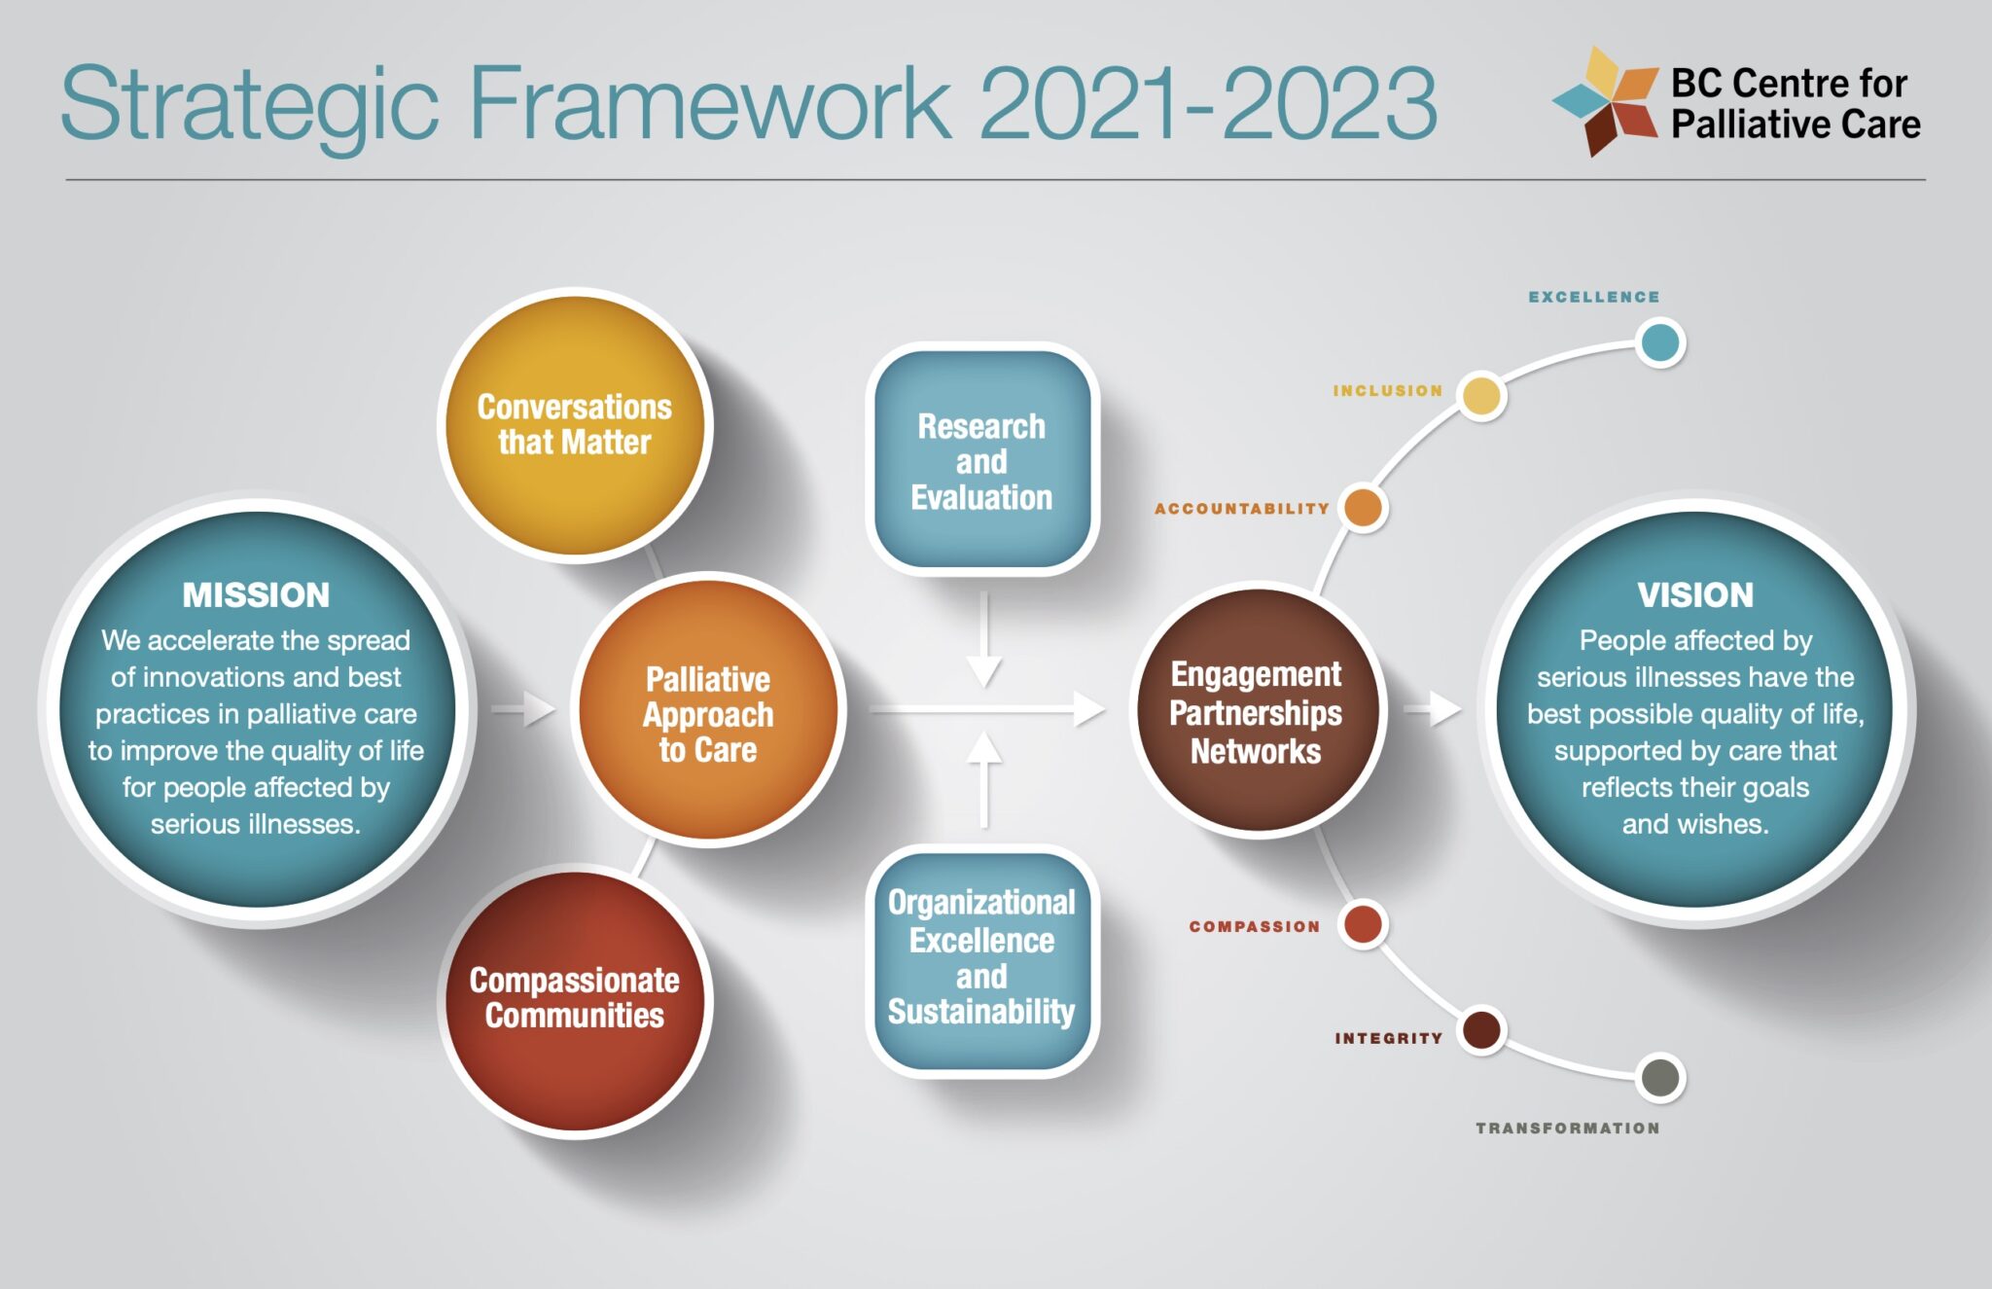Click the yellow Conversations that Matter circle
575,425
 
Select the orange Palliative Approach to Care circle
708,710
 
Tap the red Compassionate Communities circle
575,1001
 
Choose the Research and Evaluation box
982,459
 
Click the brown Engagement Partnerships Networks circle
1258,710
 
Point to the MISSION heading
256,594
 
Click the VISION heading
1695,594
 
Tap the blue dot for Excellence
1660,342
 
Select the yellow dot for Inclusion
1482,396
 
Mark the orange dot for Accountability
1363,508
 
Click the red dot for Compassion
1363,924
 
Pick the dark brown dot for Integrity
1482,1030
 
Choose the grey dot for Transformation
1660,1078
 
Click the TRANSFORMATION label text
1568,1128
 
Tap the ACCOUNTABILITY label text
1242,509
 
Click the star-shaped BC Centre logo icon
1606,100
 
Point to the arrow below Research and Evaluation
984,639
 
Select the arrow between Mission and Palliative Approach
523,708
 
